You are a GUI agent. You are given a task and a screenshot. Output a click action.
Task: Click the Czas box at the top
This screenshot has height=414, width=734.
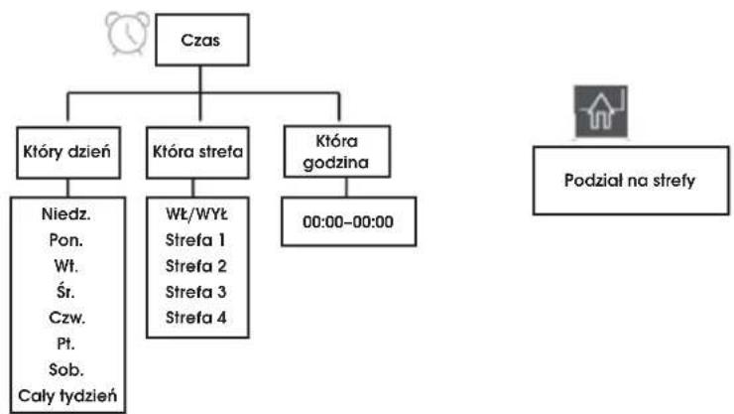click(201, 40)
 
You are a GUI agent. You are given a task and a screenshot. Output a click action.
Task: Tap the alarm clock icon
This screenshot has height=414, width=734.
click(128, 33)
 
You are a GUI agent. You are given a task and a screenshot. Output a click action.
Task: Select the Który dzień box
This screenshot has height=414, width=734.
click(68, 153)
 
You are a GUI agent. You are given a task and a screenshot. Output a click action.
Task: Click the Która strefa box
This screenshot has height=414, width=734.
click(197, 153)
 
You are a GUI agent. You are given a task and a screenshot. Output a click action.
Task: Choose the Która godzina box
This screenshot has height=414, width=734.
click(337, 152)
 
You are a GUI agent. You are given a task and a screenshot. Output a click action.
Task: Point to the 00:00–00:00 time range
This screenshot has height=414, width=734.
click(348, 221)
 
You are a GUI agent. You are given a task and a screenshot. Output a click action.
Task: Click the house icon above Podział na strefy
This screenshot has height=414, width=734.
click(601, 111)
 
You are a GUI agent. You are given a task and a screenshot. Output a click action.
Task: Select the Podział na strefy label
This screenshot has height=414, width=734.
click(630, 181)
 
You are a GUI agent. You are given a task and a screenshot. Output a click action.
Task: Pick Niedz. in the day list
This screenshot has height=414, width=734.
click(66, 214)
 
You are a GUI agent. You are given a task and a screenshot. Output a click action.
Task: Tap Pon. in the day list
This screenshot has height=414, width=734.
click(66, 240)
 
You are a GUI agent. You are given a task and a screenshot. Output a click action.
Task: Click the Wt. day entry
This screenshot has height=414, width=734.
click(66, 266)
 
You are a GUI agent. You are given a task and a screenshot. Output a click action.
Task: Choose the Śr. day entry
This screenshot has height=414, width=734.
click(65, 291)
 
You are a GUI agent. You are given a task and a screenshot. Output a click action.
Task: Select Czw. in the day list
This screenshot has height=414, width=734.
click(66, 318)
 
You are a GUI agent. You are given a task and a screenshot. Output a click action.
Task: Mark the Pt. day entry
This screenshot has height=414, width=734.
click(65, 344)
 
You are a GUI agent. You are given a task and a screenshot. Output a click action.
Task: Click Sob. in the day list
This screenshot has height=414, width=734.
click(66, 369)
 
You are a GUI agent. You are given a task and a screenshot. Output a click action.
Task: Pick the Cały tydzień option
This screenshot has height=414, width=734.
click(67, 396)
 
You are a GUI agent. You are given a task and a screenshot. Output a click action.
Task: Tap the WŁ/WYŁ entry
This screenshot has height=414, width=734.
click(196, 214)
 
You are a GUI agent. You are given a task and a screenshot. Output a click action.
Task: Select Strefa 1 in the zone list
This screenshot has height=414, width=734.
click(195, 240)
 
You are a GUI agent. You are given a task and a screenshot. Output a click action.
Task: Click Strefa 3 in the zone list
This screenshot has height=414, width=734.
click(196, 292)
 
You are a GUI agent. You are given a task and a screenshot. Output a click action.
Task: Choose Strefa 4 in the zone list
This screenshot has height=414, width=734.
click(196, 318)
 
